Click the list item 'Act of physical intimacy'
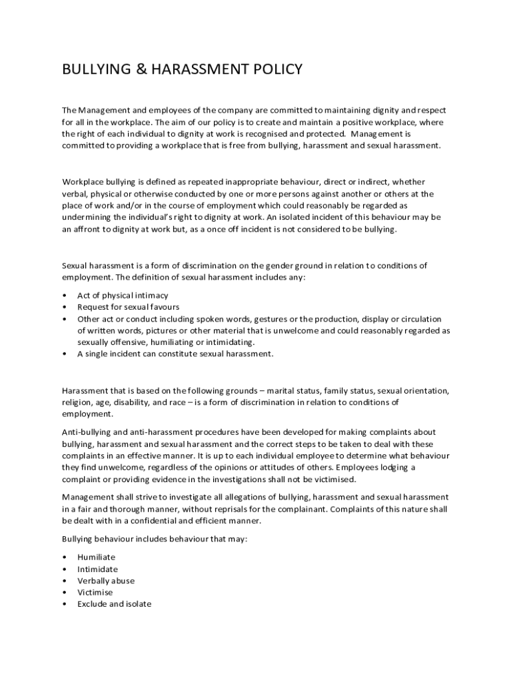tap(123, 295)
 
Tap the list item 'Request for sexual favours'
tap(128, 307)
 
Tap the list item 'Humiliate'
tap(96, 557)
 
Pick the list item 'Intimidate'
tap(97, 569)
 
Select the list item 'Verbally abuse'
tap(105, 581)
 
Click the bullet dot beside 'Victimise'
tap(63, 592)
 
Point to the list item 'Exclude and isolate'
tap(114, 604)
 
